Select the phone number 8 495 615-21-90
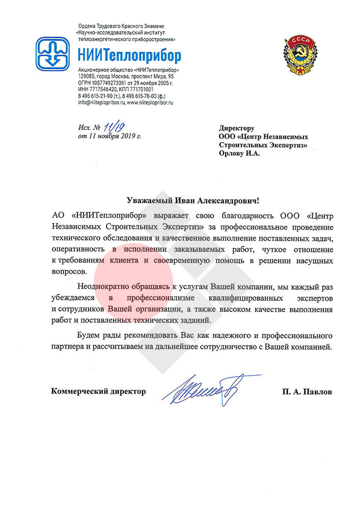[100, 96]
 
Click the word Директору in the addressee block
[237, 128]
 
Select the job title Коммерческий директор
[98, 391]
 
